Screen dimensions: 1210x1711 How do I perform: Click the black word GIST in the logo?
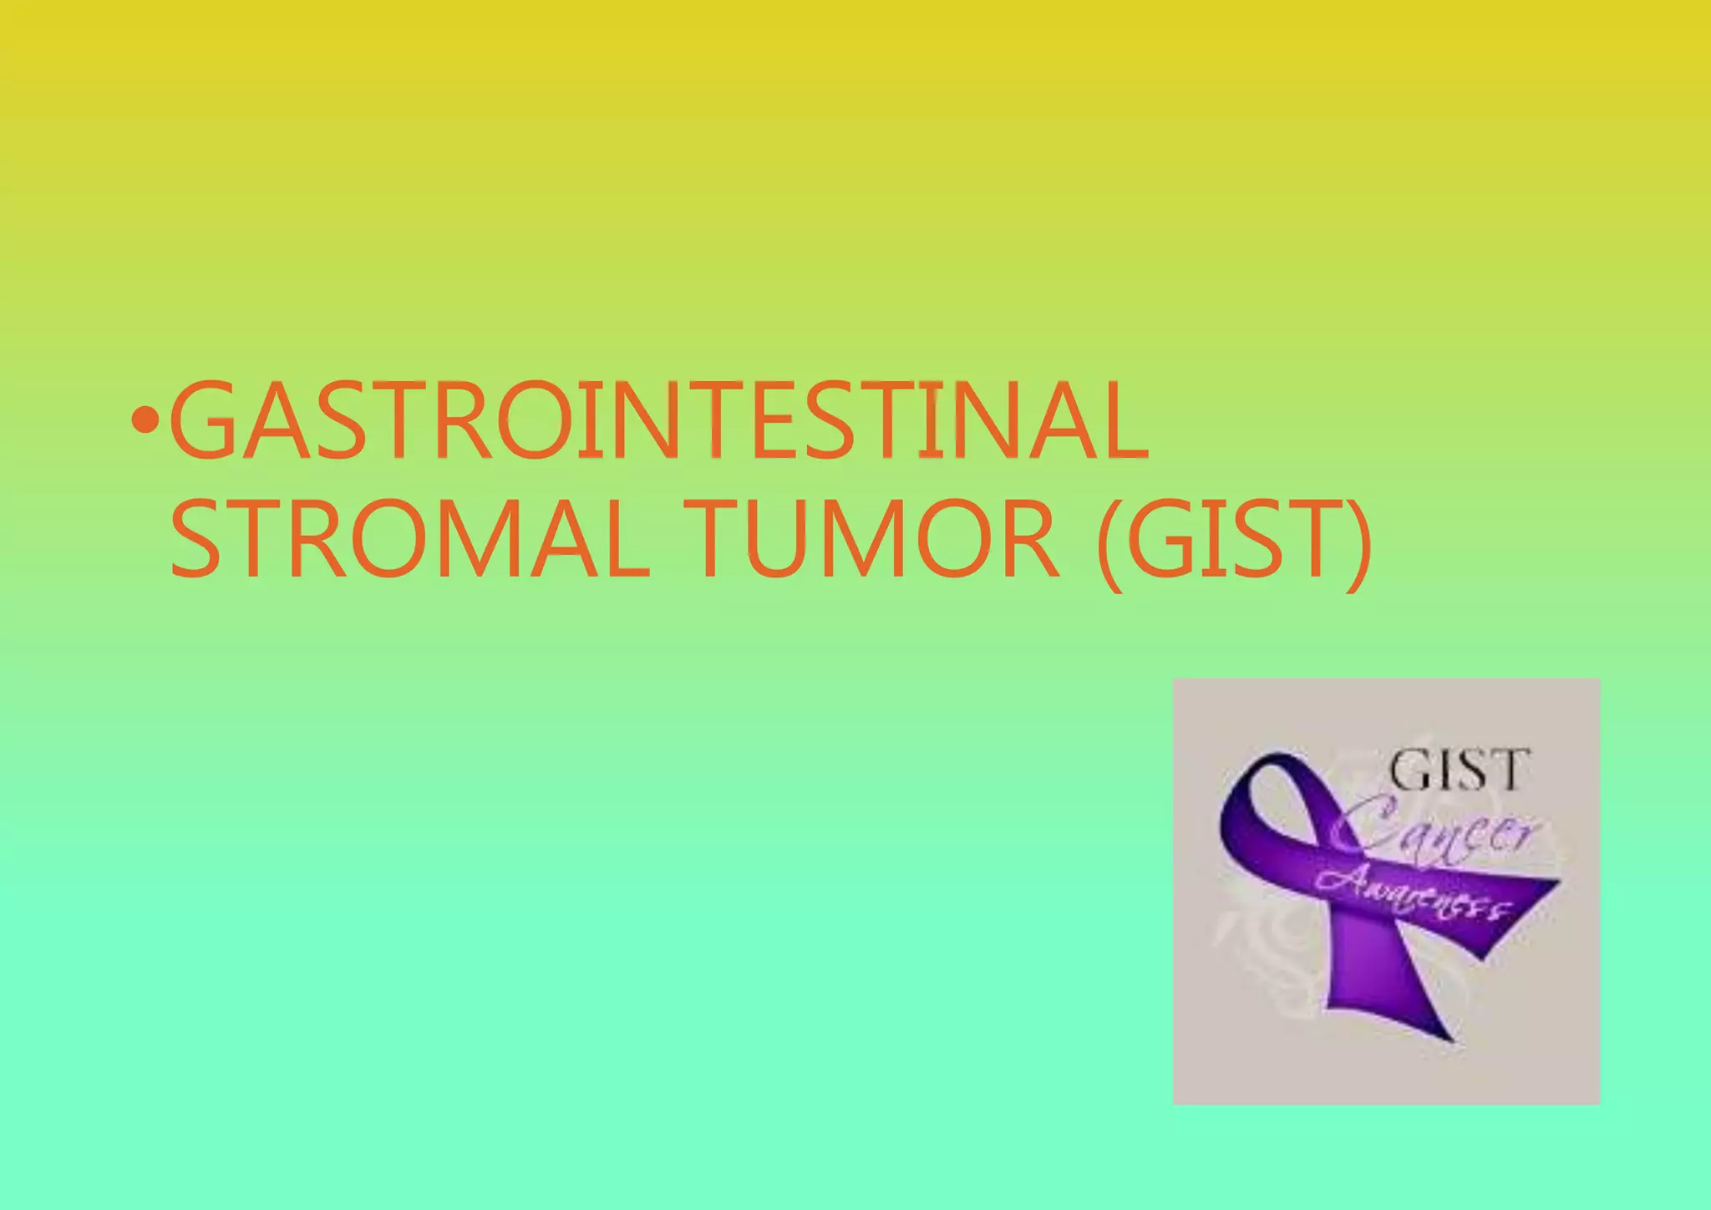coord(1460,770)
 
